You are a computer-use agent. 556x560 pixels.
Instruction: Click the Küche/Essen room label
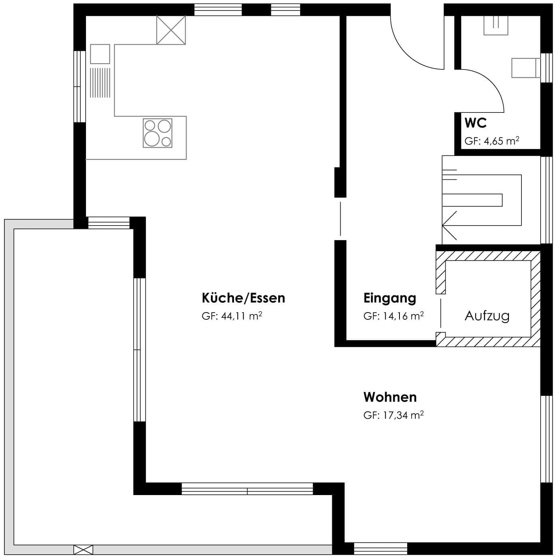point(243,298)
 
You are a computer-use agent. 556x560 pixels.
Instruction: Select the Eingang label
point(390,299)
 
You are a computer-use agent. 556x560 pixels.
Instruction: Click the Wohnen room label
point(390,397)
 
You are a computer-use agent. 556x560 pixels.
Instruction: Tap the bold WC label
point(476,123)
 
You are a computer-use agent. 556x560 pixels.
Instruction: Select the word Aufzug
point(487,316)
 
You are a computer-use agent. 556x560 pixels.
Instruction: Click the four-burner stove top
point(157,133)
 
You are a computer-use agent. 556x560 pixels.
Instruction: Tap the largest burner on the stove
point(152,139)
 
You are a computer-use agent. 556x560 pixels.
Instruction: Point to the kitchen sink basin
point(100,54)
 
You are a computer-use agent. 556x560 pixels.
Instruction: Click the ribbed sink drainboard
point(100,83)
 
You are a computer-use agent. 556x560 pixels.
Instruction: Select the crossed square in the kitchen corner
point(171,30)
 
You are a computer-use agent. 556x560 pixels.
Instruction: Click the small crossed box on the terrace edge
point(84,550)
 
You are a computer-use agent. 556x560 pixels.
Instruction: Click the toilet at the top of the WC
point(496,25)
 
